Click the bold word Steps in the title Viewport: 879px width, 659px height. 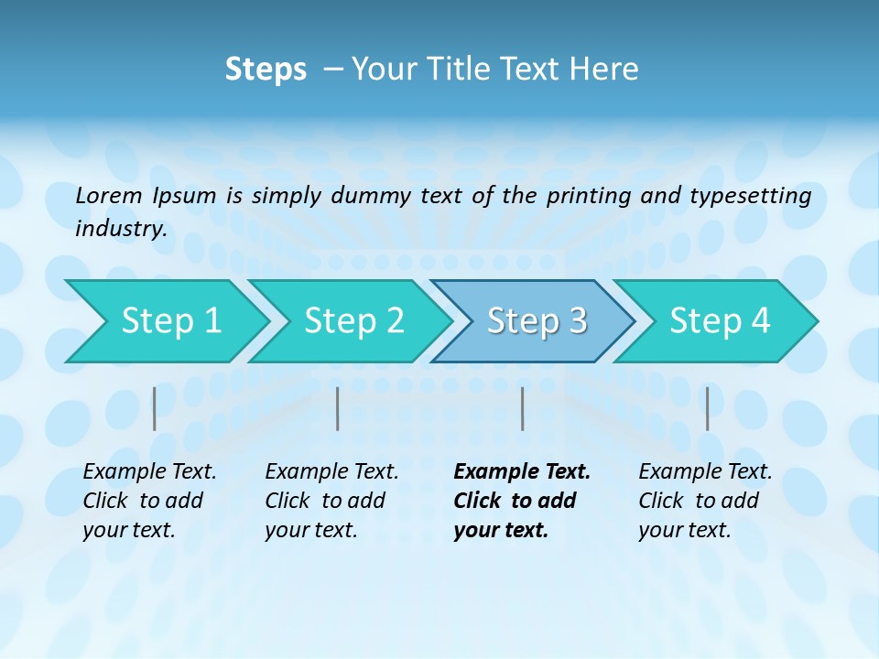(266, 70)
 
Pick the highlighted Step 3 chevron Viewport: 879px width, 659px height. (537, 321)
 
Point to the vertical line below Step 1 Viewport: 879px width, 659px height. (155, 408)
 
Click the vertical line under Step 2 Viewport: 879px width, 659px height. (338, 408)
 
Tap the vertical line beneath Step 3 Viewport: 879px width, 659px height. (523, 408)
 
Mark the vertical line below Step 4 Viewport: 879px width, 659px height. (708, 408)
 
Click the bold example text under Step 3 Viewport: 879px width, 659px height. (521, 501)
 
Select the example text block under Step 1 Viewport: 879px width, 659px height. (149, 501)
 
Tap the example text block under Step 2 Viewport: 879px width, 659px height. (331, 501)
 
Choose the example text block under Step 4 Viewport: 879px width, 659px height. (705, 501)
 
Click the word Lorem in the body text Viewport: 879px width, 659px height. (109, 196)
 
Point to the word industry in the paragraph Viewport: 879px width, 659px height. (121, 229)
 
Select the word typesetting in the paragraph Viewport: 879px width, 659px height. (750, 196)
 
